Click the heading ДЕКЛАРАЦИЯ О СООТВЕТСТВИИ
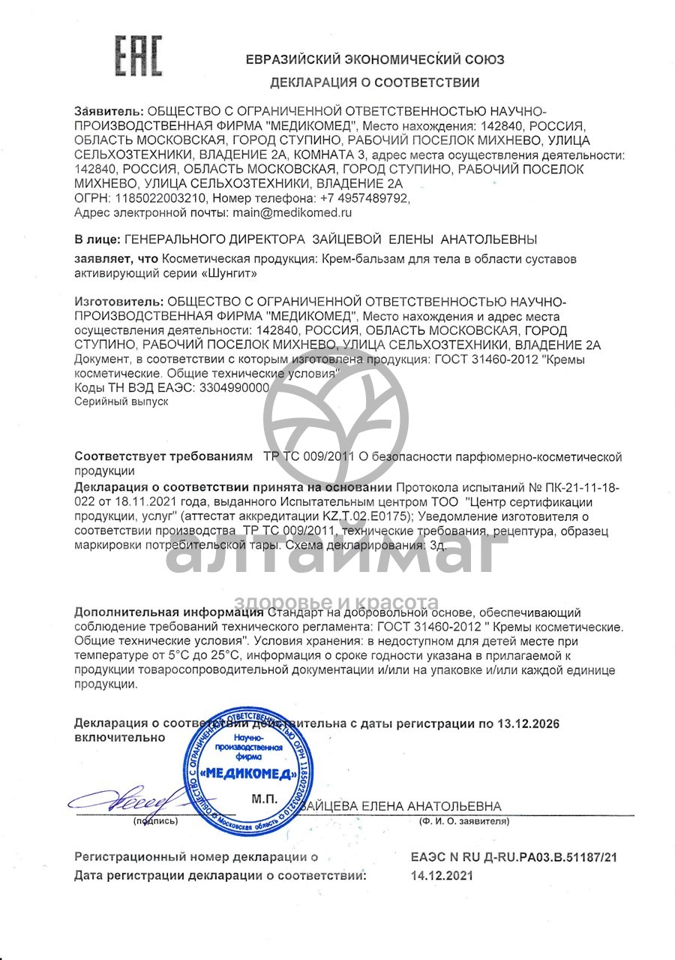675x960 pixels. (374, 83)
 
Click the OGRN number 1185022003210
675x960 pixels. (157, 199)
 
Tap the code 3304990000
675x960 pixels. (232, 387)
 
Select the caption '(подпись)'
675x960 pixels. (155, 821)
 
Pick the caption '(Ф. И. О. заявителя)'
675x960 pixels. (464, 821)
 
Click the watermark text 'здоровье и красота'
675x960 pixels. (336, 601)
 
